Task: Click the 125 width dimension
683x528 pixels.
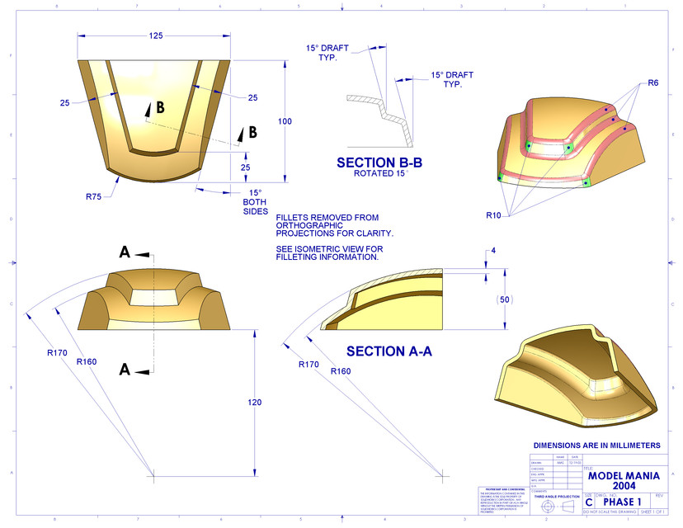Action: pyautogui.click(x=155, y=35)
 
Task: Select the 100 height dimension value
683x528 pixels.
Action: pyautogui.click(x=285, y=121)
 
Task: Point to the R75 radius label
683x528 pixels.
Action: pyautogui.click(x=93, y=196)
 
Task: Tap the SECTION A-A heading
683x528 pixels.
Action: pyautogui.click(x=389, y=351)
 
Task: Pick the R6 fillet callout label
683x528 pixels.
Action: pyautogui.click(x=652, y=82)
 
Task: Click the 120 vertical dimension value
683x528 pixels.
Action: pyautogui.click(x=254, y=402)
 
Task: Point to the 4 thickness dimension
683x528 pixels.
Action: pyautogui.click(x=492, y=250)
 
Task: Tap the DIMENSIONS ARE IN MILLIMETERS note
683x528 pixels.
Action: pyautogui.click(x=596, y=445)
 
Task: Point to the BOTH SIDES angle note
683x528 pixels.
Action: pyautogui.click(x=256, y=206)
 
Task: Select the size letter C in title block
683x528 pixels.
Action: pyautogui.click(x=588, y=502)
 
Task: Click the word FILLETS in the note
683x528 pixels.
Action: pyautogui.click(x=294, y=218)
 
